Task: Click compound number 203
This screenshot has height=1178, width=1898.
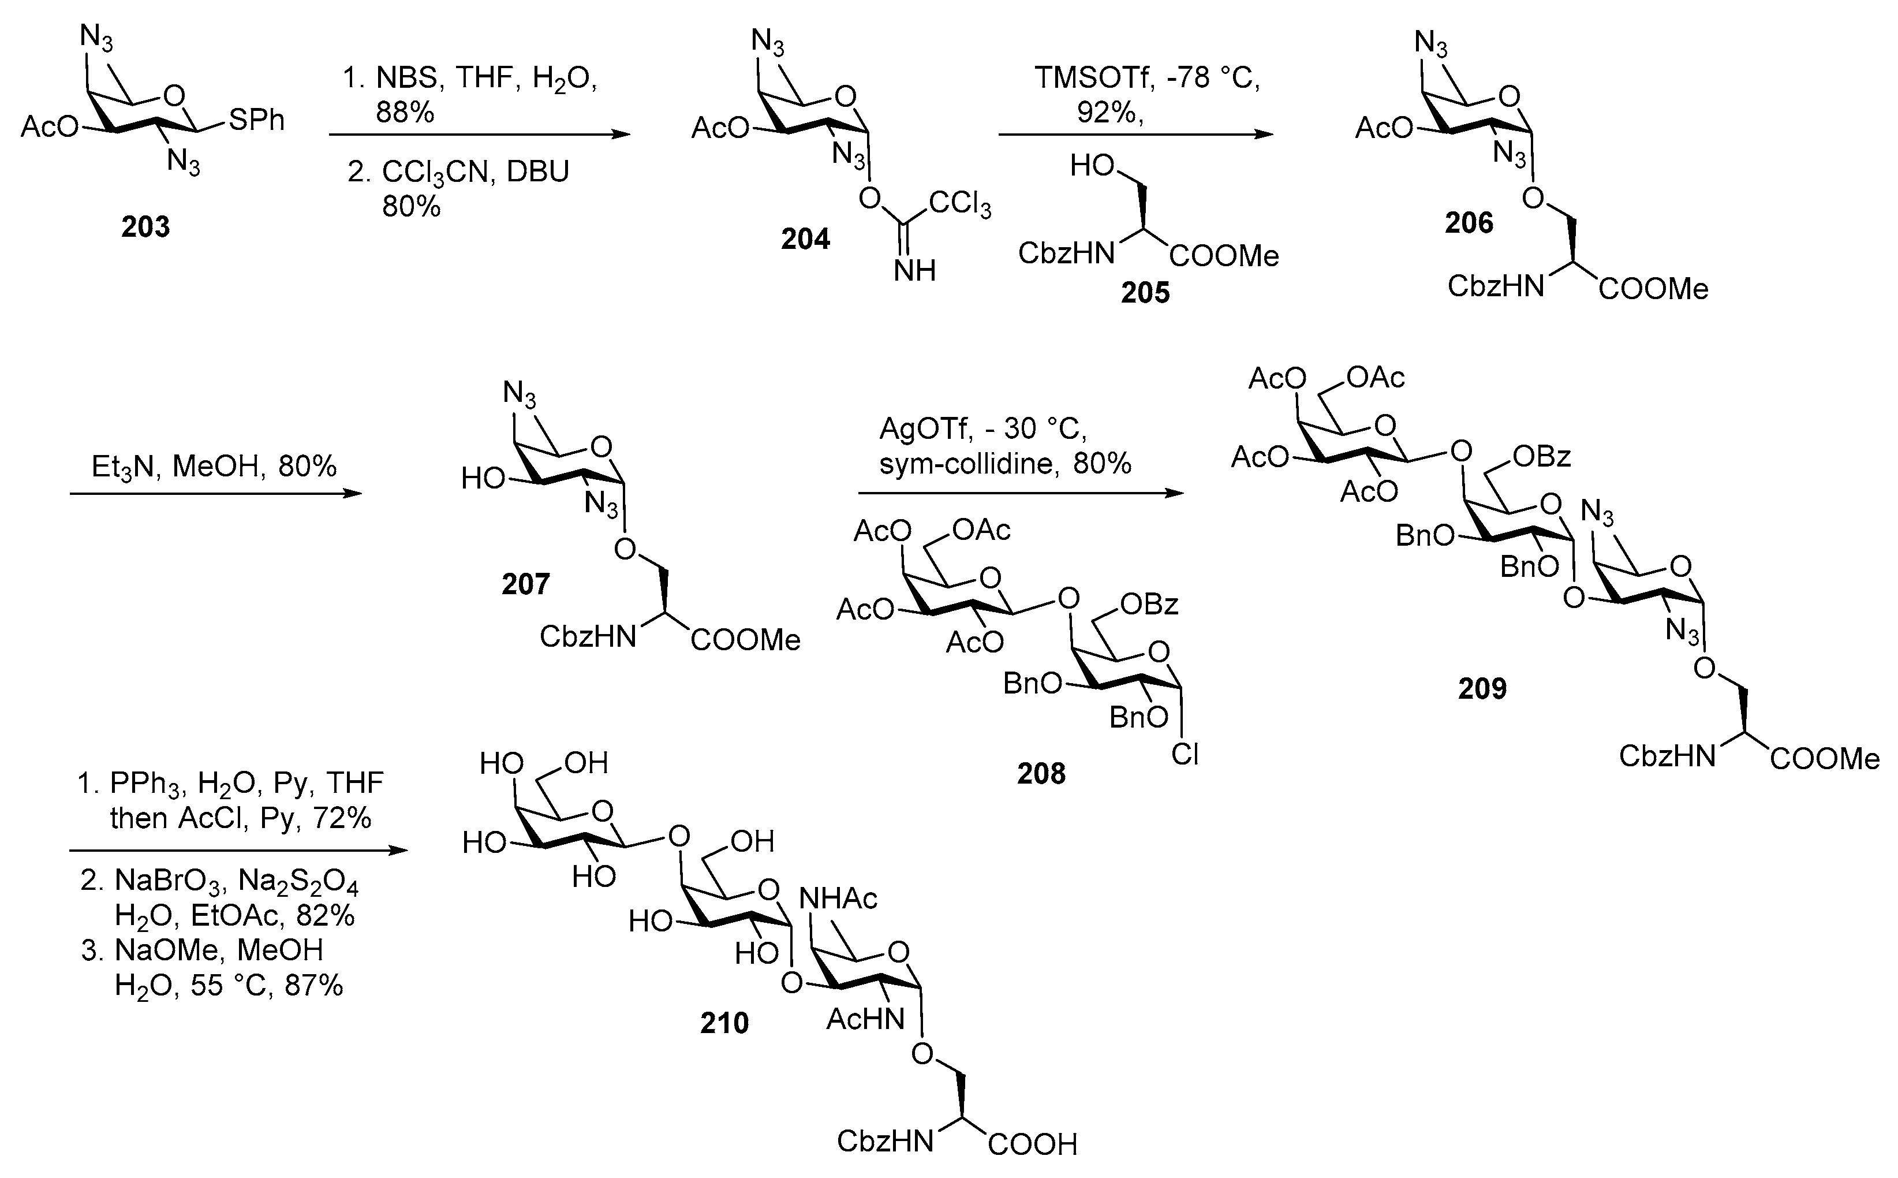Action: [x=145, y=227]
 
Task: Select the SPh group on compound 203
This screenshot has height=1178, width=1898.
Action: [x=256, y=120]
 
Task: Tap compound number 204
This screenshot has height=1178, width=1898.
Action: [x=805, y=239]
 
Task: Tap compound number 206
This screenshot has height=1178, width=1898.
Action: [x=1469, y=223]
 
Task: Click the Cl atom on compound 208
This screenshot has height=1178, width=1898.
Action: [x=1185, y=754]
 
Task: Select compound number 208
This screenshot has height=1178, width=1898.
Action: [x=1041, y=774]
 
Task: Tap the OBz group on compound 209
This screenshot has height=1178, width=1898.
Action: [x=1541, y=457]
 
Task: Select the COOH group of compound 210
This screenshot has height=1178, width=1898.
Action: [x=1033, y=1144]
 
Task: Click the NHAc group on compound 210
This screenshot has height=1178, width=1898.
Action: [x=838, y=899]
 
